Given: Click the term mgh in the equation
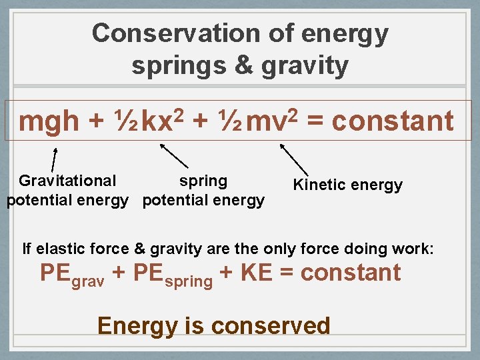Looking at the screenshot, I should coord(51,121).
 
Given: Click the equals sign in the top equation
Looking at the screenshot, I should coord(313,122).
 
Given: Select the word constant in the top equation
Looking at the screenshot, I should coord(393,121).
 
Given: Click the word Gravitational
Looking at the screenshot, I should coord(67,181).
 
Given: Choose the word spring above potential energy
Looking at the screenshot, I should coord(203,181).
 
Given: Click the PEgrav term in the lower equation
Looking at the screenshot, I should coord(72,275).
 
